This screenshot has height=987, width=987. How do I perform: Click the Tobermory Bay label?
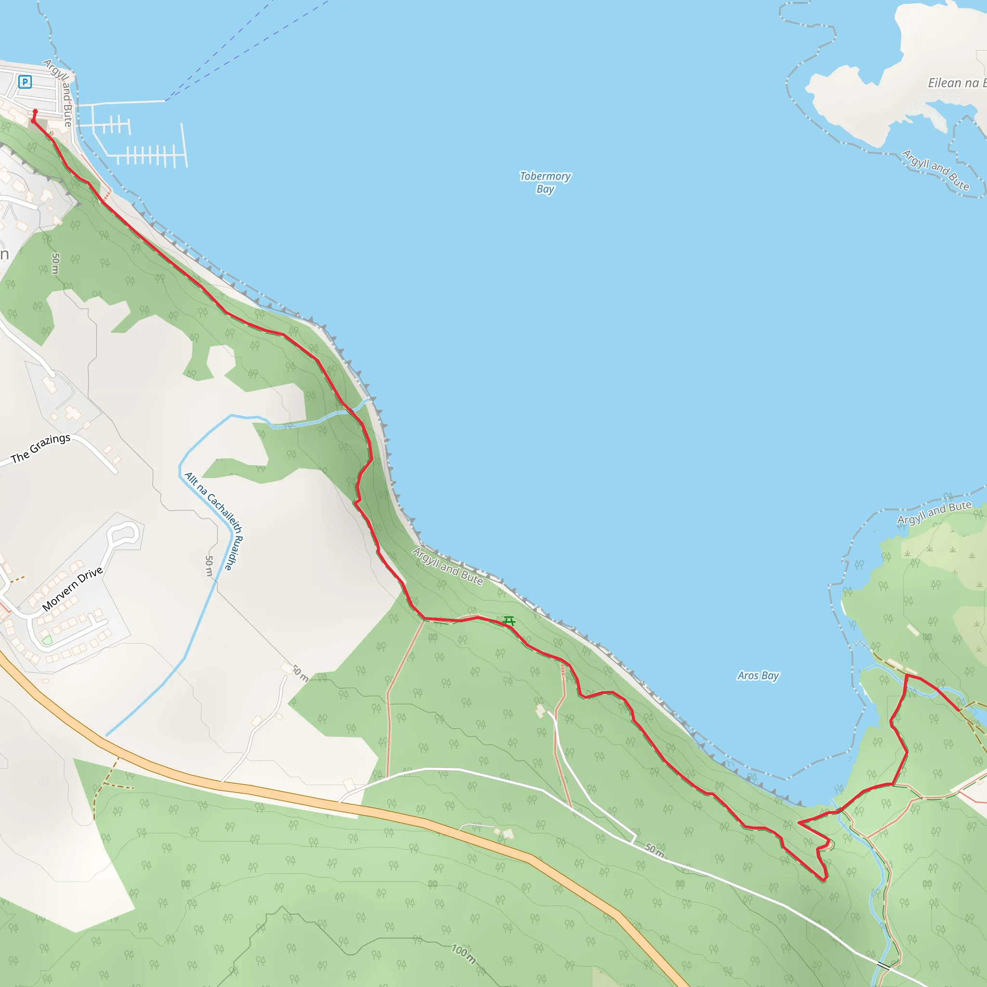point(545,182)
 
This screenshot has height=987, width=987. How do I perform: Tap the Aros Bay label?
point(758,675)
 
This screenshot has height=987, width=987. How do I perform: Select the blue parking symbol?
point(25,82)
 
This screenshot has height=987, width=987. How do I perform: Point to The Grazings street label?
point(40,448)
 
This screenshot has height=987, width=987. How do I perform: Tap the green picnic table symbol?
point(509,621)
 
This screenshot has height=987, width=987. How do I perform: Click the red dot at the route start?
point(35,111)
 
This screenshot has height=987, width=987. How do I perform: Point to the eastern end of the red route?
point(959,710)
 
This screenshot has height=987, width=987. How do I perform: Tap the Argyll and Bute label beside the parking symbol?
point(59,92)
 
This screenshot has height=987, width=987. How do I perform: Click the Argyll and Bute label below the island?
point(935,170)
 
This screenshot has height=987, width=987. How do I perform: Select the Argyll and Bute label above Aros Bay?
point(934,512)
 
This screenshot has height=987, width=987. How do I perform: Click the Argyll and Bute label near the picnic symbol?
point(448,567)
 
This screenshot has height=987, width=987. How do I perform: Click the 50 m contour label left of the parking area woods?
point(55,264)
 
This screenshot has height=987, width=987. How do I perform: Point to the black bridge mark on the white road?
point(883,965)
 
